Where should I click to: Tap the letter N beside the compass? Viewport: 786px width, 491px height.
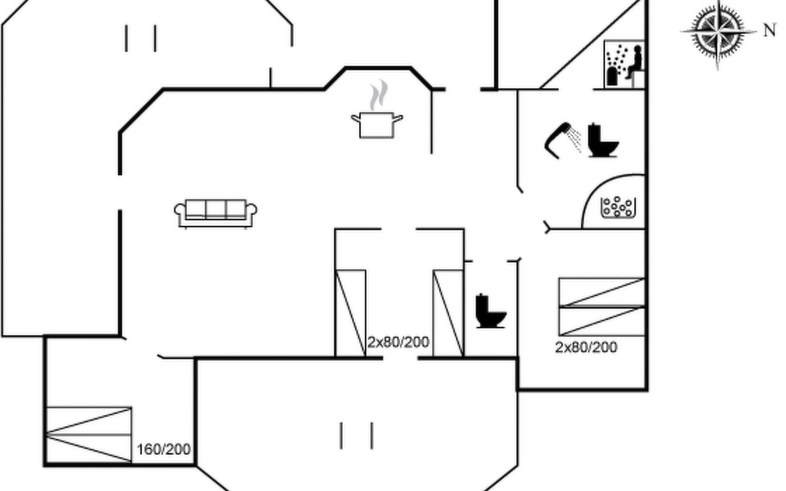(x=770, y=31)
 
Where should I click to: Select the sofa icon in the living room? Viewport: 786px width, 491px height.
(x=216, y=213)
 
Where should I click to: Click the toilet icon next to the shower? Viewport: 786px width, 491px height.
(x=603, y=140)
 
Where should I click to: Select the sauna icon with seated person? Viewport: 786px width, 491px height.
(x=624, y=64)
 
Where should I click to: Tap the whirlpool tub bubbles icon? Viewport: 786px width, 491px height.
(x=618, y=207)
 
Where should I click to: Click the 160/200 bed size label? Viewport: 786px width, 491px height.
(x=163, y=449)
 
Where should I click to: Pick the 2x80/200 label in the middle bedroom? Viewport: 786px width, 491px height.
(x=398, y=342)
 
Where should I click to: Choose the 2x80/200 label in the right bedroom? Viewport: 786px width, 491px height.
(x=586, y=347)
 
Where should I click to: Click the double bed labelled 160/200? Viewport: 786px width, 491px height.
(x=89, y=435)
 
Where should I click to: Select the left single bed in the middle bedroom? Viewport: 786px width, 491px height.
(x=350, y=313)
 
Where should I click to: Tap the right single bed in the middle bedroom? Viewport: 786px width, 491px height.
(x=448, y=313)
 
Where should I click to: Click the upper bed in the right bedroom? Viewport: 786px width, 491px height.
(x=602, y=292)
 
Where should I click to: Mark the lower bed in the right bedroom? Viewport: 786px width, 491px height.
(x=602, y=322)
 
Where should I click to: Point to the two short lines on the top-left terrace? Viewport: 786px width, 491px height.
(x=141, y=38)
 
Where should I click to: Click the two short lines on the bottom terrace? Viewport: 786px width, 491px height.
(x=357, y=436)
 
